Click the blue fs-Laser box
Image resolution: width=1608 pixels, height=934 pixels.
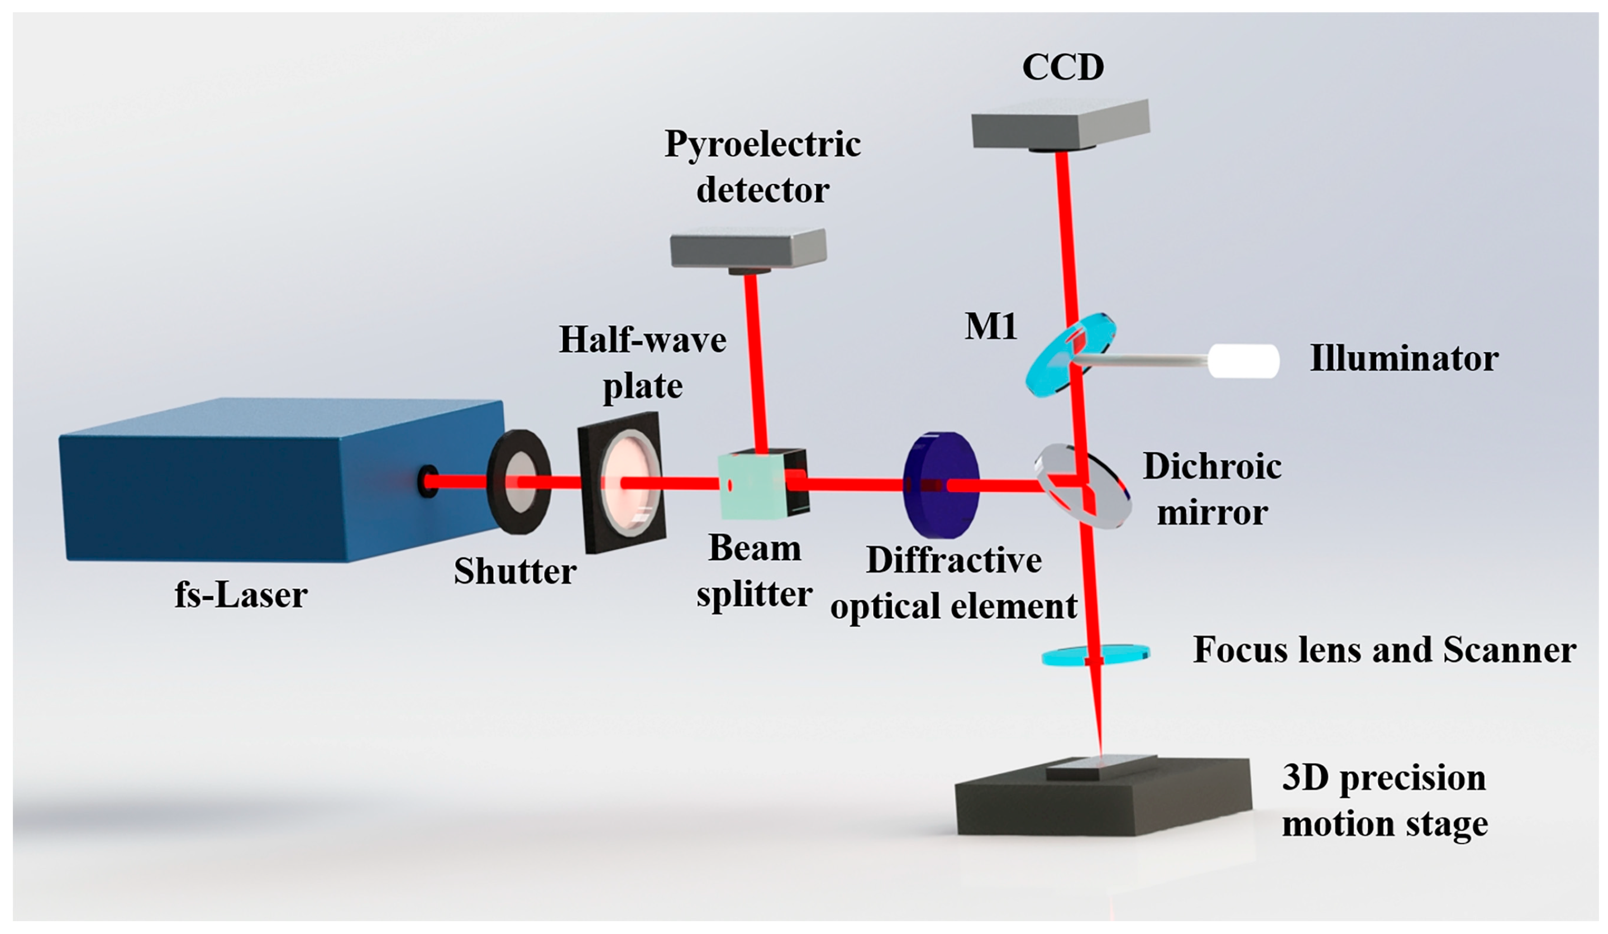tap(255, 485)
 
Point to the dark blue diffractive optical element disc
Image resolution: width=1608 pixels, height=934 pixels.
tap(941, 485)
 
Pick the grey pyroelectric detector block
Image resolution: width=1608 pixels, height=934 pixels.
tap(748, 249)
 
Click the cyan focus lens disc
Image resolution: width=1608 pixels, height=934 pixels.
tap(1095, 654)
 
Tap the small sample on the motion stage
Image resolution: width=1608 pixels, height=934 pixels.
tap(1100, 768)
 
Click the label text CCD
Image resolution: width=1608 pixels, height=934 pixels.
tap(1062, 67)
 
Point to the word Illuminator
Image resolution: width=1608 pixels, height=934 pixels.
tap(1404, 358)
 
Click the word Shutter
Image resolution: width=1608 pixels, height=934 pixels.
tap(514, 571)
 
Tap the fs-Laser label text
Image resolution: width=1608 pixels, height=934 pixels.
tap(241, 595)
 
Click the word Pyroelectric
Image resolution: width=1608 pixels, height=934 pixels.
tap(762, 144)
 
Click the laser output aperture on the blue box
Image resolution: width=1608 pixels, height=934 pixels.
tap(427, 481)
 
